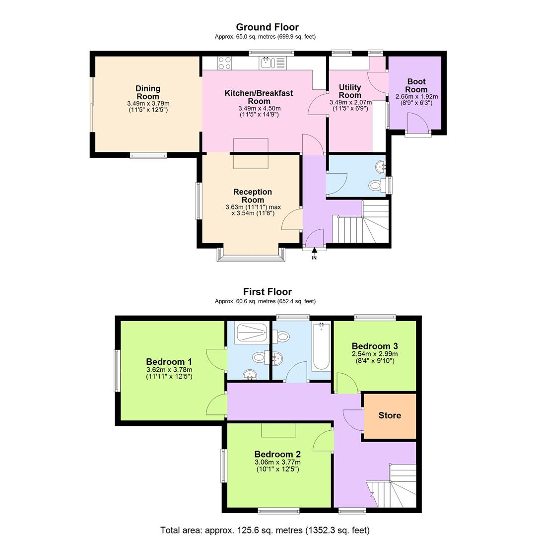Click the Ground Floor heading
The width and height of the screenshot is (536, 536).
pos(267,27)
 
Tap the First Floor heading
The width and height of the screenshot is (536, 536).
pos(267,292)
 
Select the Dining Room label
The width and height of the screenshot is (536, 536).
pos(148,92)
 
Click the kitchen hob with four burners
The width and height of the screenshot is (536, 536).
pos(224,63)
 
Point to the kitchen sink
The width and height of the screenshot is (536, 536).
pos(267,63)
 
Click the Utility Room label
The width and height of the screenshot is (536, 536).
pos(350,91)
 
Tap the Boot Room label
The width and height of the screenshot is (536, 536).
pos(416,85)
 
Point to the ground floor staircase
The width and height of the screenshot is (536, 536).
pos(367,226)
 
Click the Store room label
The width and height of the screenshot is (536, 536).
pos(390,415)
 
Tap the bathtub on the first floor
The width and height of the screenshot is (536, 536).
pos(321,346)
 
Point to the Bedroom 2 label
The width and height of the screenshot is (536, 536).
pos(277,454)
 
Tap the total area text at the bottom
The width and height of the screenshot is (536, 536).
pos(265,530)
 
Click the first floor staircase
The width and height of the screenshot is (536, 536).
pos(395,486)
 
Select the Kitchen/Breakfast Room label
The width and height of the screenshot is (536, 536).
pos(259,97)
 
